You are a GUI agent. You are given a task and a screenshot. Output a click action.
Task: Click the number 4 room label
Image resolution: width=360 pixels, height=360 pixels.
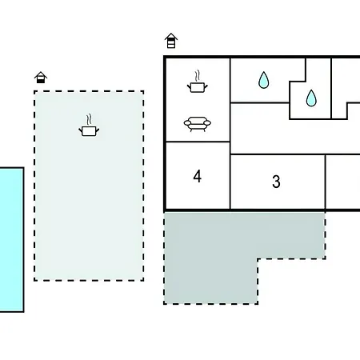pos(198,176)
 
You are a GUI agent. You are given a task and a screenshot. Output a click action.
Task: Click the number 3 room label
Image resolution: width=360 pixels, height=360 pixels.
pos(276,182)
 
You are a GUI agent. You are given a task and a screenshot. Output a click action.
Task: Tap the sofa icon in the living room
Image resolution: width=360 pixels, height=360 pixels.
pos(198,124)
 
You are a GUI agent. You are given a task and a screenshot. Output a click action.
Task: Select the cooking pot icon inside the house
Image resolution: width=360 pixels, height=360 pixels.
pos(198,82)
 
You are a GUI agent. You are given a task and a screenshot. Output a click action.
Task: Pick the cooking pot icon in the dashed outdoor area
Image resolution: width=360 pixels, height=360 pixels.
pos(89,126)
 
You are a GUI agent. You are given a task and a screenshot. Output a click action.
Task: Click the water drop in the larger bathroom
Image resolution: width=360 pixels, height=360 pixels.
pos(263,80)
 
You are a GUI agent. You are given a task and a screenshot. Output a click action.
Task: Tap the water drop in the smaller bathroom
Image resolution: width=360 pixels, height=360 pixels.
pos(311,98)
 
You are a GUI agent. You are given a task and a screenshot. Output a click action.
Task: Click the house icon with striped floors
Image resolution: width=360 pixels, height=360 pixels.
pos(171,41)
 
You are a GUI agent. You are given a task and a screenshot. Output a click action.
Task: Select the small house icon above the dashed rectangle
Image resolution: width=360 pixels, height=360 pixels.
pos(41,78)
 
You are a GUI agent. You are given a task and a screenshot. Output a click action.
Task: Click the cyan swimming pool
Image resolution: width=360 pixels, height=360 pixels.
pos(12,239)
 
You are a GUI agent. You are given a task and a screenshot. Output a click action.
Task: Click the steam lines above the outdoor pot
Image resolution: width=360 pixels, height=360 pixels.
pos(89,119)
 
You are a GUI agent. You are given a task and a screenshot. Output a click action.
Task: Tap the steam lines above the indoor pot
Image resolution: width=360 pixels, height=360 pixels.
pos(198,75)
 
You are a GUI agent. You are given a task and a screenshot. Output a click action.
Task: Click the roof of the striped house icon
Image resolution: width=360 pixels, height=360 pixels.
pos(171,36)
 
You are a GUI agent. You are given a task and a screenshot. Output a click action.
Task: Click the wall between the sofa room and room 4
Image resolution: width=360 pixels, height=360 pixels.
pos(198,142)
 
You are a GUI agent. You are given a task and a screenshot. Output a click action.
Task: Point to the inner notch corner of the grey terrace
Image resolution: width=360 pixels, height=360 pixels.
pos(258,258)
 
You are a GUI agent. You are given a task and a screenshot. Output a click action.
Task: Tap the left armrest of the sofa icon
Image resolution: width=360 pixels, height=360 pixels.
pos(187,123)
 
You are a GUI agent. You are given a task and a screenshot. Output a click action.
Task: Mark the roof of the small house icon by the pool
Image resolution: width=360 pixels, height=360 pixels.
pos(41,74)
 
